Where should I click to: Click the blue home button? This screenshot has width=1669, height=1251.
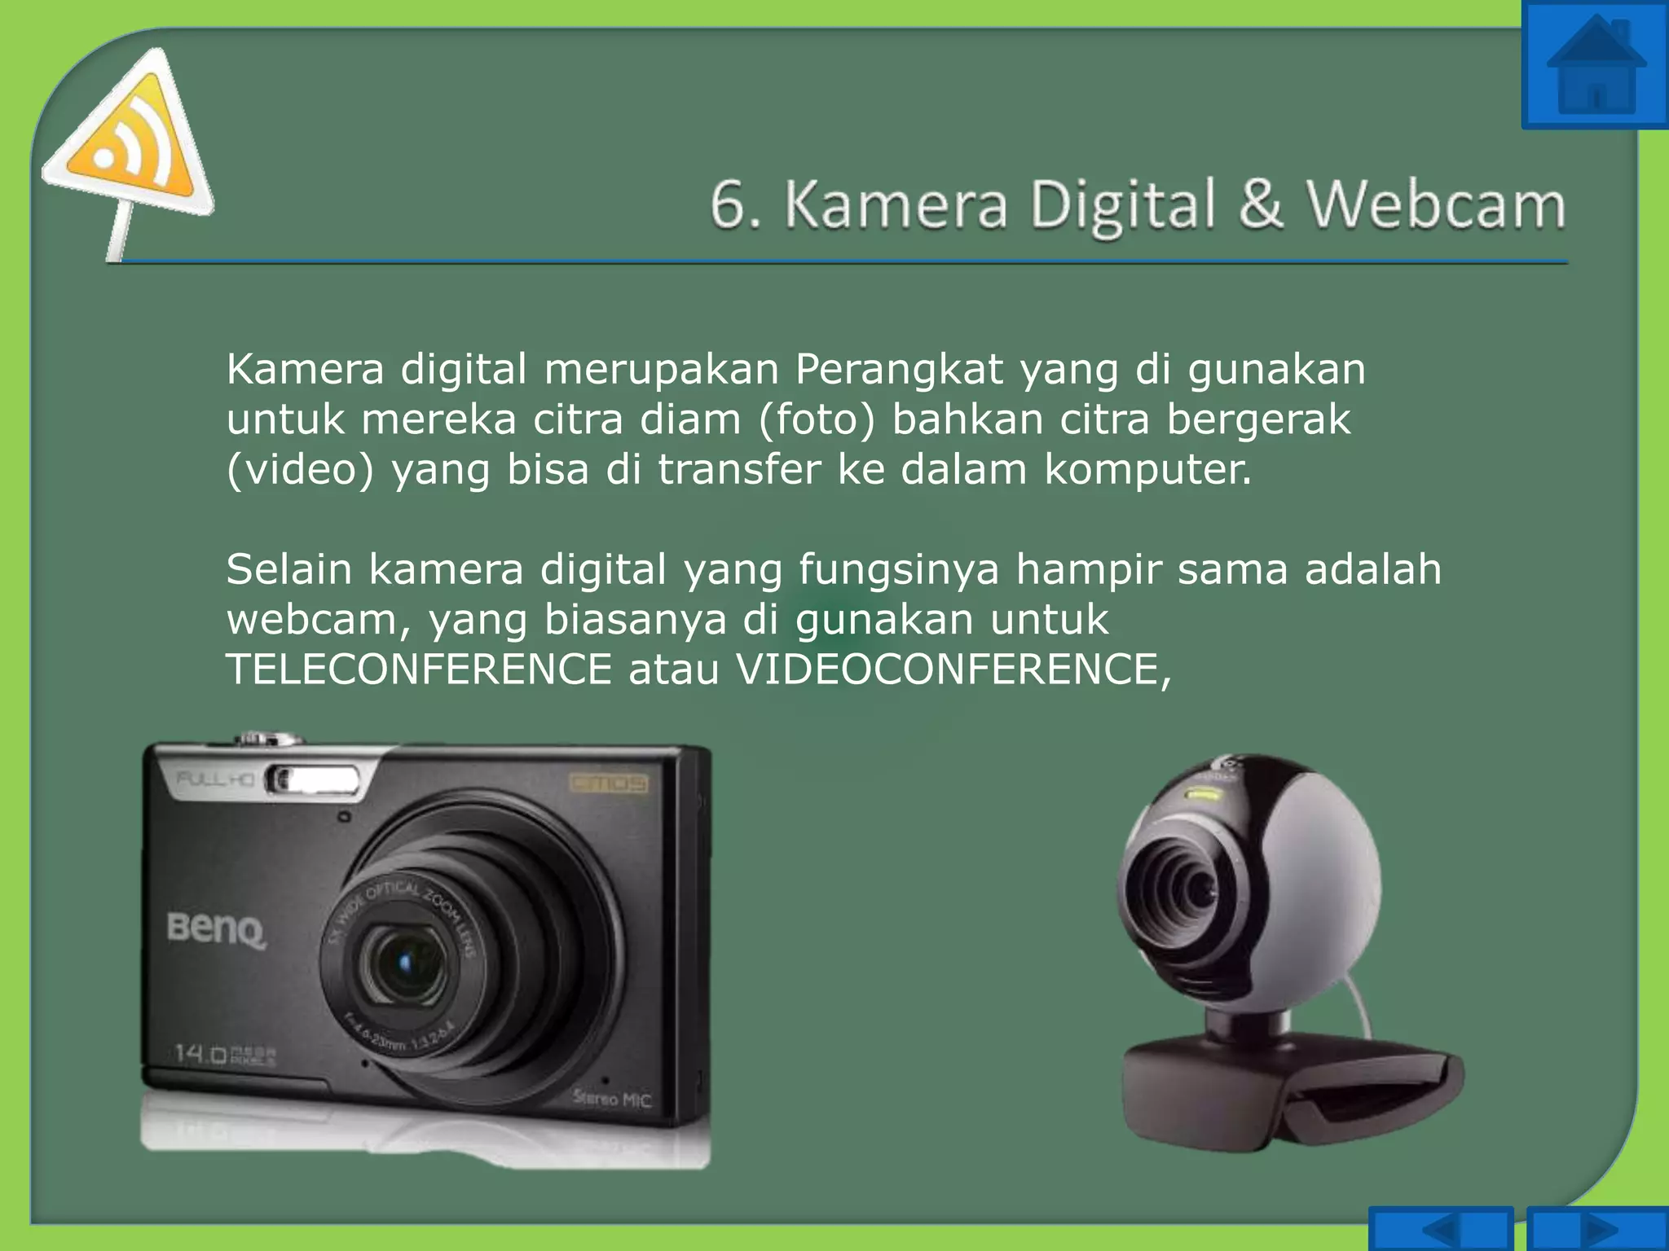[1596, 65]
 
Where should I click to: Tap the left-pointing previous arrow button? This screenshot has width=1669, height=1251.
[1441, 1230]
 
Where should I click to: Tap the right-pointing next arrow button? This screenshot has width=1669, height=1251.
[1597, 1230]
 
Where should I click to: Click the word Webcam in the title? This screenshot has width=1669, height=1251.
[1436, 205]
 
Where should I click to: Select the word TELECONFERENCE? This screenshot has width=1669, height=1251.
[419, 669]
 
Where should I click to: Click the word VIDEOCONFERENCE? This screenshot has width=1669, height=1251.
[953, 669]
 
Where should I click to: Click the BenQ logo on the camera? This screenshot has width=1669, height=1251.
[217, 928]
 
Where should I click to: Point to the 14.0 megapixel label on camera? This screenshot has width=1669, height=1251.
[225, 1055]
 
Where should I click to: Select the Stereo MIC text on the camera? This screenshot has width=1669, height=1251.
[611, 1099]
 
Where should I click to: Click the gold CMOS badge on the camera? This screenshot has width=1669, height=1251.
[609, 784]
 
